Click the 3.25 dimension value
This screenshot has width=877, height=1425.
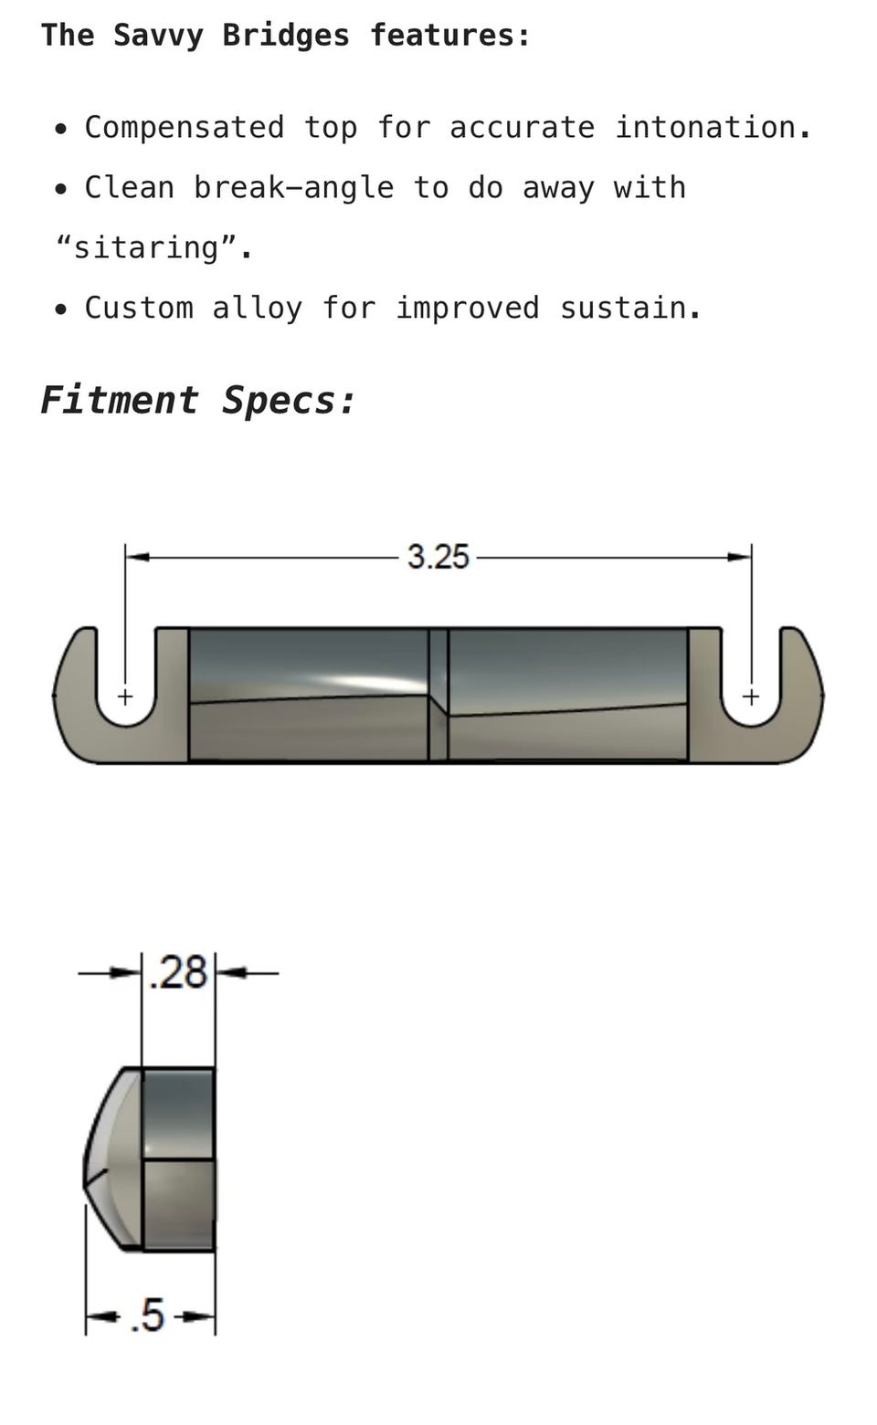click(438, 557)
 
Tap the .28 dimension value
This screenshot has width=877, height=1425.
click(178, 972)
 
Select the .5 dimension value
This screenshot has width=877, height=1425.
click(148, 1315)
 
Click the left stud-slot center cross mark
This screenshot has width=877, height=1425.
click(125, 697)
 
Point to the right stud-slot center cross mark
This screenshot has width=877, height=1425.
click(751, 697)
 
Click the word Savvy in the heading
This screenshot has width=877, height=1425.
click(158, 36)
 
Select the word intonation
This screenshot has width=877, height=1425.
click(713, 127)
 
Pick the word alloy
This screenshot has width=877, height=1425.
click(257, 309)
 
